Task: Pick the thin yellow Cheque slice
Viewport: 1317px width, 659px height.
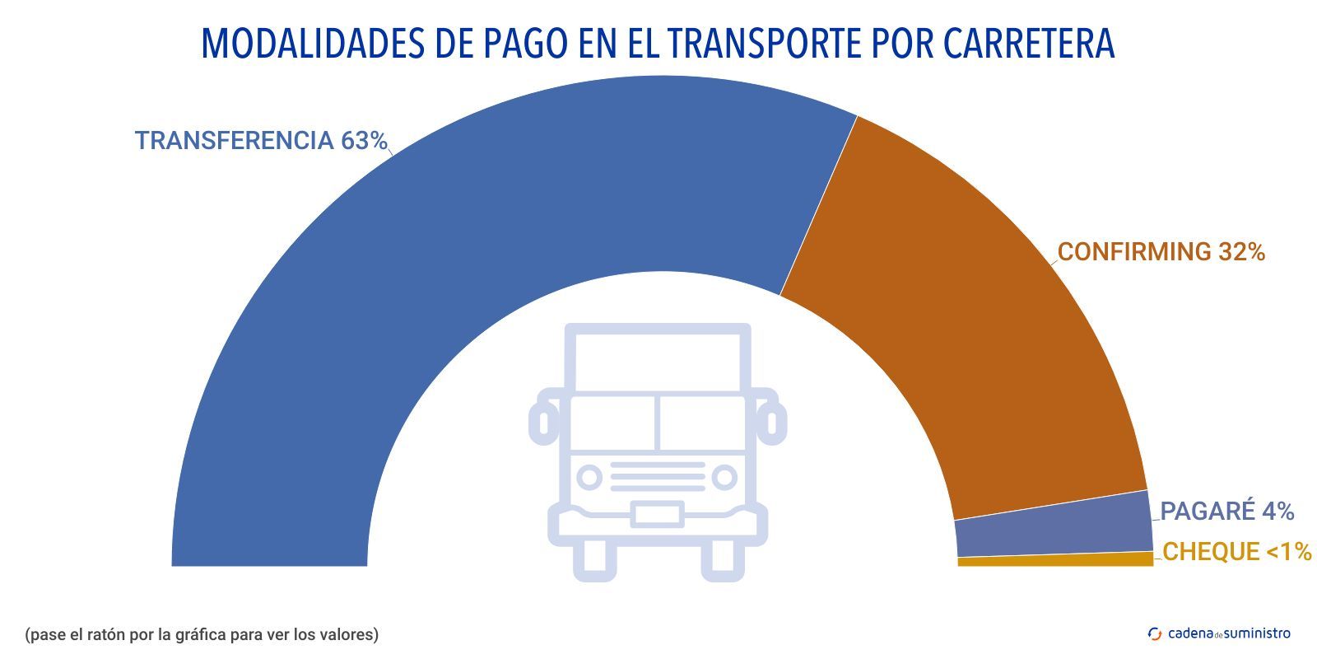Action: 1054,560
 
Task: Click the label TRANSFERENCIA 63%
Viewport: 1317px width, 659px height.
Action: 261,141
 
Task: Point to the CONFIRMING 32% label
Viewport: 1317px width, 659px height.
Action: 1161,252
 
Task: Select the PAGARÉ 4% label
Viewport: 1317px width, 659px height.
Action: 1226,512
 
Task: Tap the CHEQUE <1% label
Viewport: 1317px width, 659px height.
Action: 1236,552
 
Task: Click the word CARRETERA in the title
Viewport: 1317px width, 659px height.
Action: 1028,44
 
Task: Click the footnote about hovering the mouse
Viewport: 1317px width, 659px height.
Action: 202,635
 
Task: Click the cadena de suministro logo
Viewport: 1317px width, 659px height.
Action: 1219,633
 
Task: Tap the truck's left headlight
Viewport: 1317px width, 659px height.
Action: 589,477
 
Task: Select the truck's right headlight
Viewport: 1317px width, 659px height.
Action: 724,477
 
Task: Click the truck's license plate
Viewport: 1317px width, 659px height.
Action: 657,516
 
